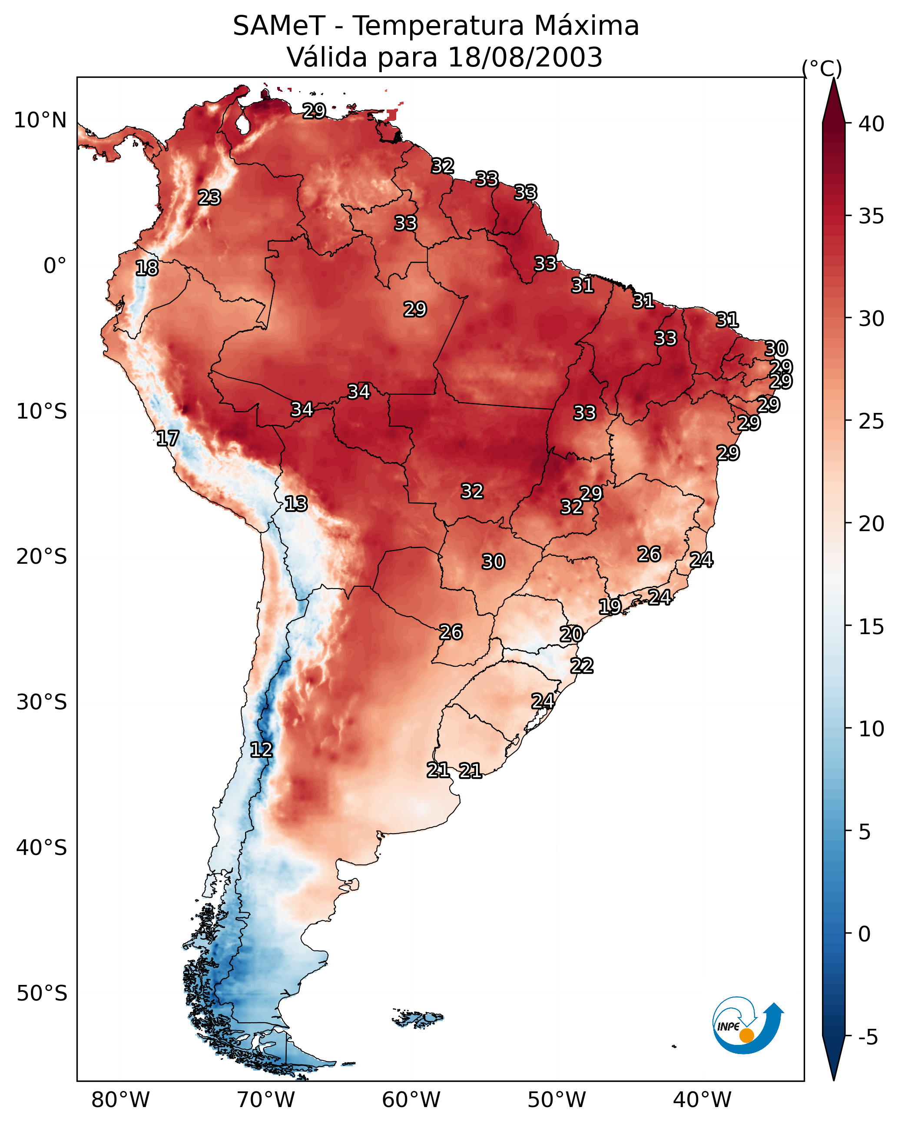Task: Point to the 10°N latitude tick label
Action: [40, 120]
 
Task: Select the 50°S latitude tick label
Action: [42, 993]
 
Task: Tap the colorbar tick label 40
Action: [871, 124]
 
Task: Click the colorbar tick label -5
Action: [868, 1038]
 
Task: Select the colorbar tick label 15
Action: [871, 627]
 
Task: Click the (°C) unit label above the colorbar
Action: [822, 68]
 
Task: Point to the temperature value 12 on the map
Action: [261, 750]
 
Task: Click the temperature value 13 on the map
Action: [296, 504]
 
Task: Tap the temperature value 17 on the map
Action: [168, 439]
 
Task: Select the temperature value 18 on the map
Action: [147, 268]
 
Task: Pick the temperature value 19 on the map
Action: [610, 606]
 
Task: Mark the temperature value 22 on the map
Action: [582, 666]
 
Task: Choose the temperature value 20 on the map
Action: [571, 634]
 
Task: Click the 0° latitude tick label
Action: [55, 266]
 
